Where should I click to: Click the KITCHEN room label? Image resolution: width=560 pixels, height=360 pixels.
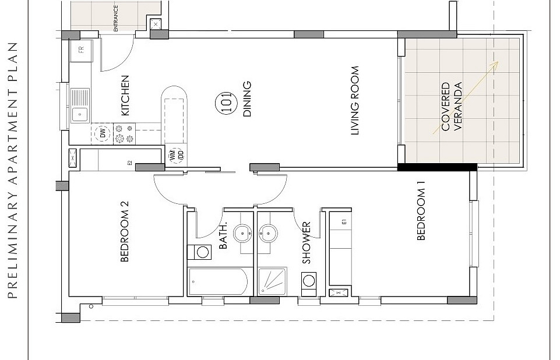tap(125, 96)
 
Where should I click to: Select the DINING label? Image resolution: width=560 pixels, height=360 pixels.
tap(247, 99)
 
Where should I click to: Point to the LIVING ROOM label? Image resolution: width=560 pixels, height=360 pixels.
tap(355, 101)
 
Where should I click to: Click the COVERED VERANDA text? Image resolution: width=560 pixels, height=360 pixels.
tap(452, 107)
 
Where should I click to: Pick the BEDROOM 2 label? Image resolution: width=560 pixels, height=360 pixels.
tap(124, 231)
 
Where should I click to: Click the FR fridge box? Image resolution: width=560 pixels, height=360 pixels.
tap(82, 50)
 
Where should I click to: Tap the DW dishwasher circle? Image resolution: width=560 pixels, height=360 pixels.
tap(103, 133)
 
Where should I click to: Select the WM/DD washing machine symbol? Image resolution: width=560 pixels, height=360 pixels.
tap(177, 155)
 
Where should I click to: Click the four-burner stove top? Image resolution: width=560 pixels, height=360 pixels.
tap(124, 133)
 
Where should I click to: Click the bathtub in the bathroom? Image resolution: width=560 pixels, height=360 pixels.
tap(218, 282)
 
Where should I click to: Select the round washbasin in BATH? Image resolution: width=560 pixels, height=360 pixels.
tap(242, 234)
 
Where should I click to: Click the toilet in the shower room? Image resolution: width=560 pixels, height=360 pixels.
tap(309, 284)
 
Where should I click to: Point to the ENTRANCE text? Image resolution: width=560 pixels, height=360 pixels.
tap(116, 18)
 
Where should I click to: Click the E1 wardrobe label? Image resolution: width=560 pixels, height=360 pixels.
tap(344, 222)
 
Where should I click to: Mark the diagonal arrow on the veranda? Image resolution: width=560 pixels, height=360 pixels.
tap(466, 98)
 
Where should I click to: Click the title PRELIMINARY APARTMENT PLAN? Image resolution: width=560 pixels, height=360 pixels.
tap(12, 170)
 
